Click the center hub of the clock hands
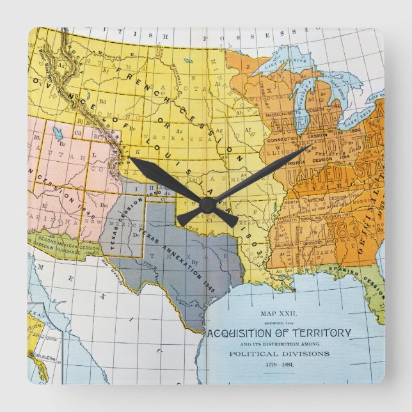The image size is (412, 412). click(x=207, y=205)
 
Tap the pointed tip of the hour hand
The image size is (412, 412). click(x=131, y=159)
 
